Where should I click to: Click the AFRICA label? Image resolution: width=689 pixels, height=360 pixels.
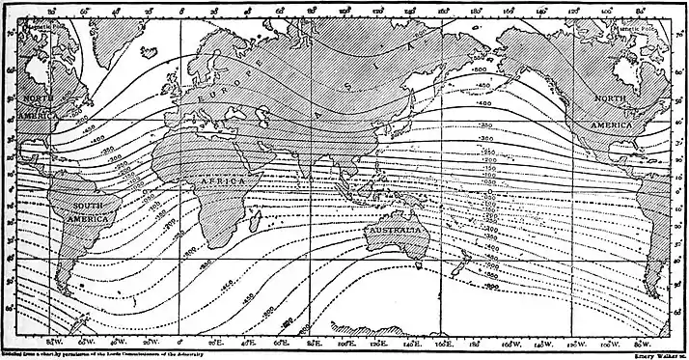(x=226, y=180)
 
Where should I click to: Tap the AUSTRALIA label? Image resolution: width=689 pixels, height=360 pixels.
(x=397, y=233)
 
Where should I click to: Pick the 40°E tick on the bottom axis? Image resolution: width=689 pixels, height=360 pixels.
(x=247, y=340)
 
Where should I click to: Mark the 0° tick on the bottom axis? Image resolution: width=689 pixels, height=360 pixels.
(x=181, y=340)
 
